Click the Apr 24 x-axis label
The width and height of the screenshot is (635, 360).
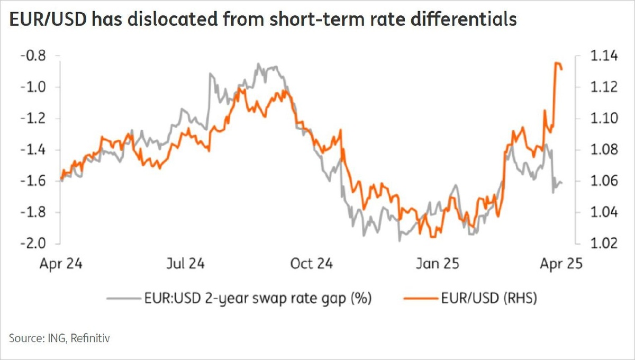tap(62, 264)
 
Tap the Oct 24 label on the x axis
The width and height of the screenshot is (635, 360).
tap(312, 264)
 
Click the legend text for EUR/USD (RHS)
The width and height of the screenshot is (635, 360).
tap(488, 299)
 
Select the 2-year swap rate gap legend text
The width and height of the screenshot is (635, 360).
tap(259, 299)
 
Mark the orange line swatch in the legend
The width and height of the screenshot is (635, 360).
tap(420, 299)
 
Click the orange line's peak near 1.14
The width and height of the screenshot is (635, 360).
tap(557, 64)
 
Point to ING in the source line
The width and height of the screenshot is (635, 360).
tap(53, 337)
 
